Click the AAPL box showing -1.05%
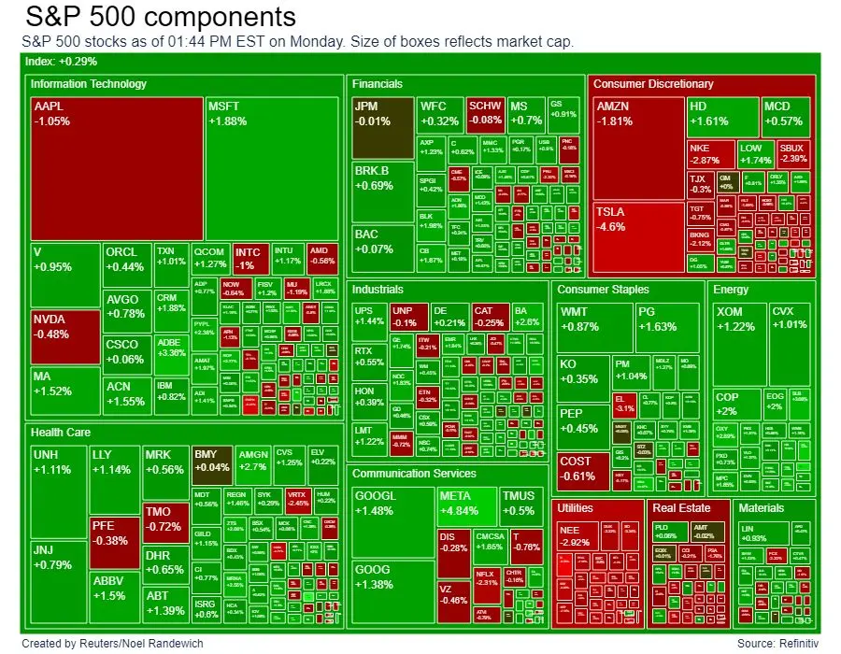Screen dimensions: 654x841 tap(117, 168)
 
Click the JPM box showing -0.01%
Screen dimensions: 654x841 tap(383, 127)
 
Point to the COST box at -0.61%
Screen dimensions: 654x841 tap(581, 471)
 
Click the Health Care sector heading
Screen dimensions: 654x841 tap(61, 432)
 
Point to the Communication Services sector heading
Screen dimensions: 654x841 tap(414, 474)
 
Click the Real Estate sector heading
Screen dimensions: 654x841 tap(681, 508)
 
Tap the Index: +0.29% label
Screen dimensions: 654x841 tap(60, 62)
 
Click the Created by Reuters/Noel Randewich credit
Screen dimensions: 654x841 tap(112, 643)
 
